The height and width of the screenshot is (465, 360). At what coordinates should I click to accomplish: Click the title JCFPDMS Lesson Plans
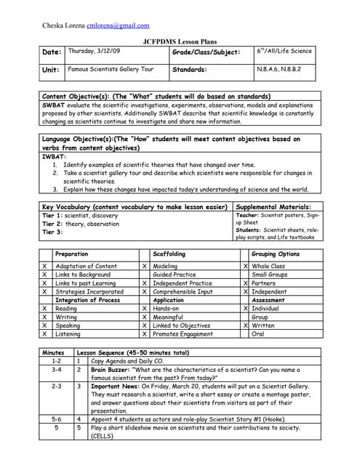[180, 41]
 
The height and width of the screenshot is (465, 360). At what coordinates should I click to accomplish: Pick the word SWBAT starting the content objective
[52, 105]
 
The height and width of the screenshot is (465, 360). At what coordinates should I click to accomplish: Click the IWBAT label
[52, 155]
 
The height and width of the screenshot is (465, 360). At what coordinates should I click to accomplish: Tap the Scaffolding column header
[169, 254]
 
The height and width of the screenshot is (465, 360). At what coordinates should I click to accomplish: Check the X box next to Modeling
[145, 267]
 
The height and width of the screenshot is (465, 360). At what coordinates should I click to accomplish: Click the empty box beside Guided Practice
[145, 275]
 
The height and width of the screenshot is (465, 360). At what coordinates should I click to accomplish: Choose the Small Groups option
[268, 275]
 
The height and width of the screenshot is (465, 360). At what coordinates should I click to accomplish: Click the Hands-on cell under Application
[169, 309]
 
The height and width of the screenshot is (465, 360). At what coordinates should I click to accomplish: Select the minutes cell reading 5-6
[57, 419]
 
